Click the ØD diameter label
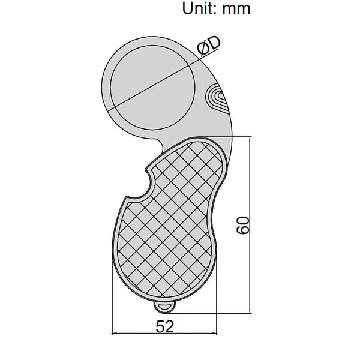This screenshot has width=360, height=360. [209, 46]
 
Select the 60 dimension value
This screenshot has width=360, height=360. [243, 225]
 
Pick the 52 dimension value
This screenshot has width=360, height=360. [165, 327]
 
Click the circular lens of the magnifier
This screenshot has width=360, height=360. [153, 88]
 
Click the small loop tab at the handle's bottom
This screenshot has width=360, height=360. [164, 307]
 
